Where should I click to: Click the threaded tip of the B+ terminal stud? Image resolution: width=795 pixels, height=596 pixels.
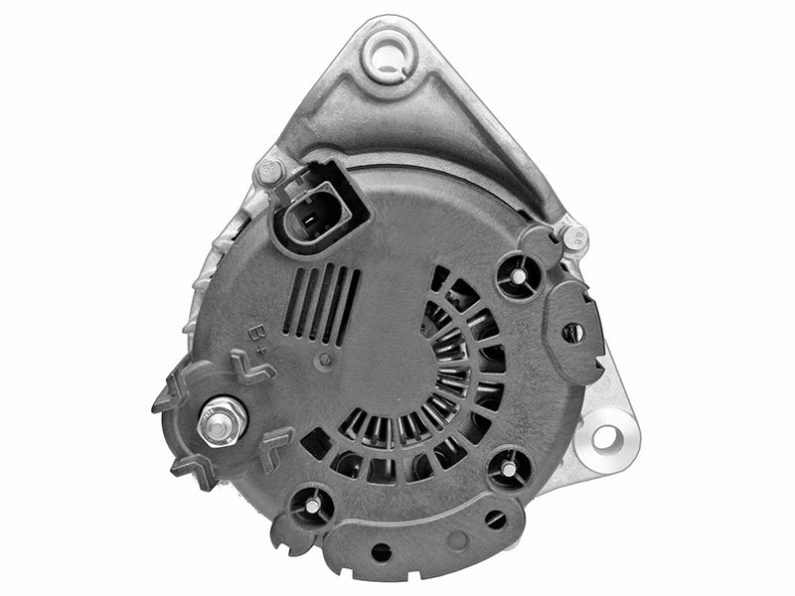(x=217, y=428)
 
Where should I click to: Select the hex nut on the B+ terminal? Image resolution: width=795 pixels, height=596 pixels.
(x=222, y=422)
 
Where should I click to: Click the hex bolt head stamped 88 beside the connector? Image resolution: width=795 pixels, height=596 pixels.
(x=270, y=172)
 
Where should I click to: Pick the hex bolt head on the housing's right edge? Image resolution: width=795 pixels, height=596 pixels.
(x=575, y=236)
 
